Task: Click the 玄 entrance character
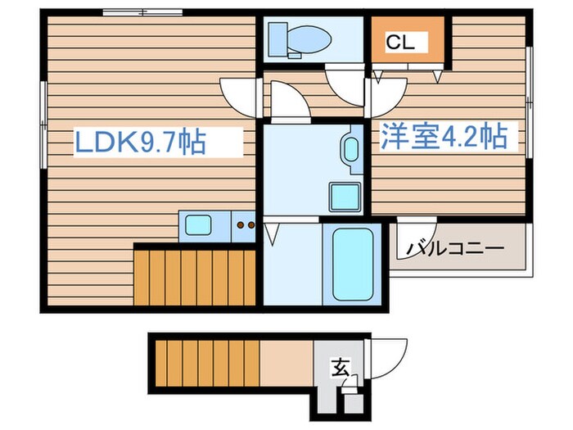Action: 339,368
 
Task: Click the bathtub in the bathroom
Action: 352,264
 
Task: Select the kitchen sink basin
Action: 198,224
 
